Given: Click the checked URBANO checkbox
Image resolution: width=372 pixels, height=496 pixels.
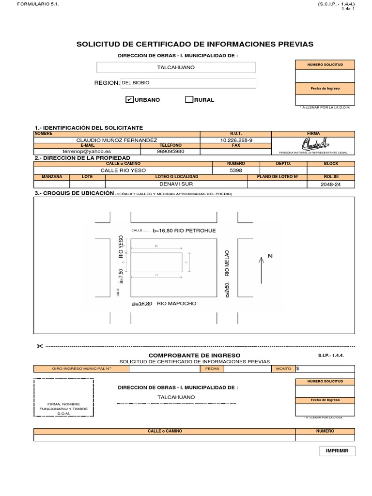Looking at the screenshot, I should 129,100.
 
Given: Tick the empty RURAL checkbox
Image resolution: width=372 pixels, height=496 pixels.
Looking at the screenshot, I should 189,100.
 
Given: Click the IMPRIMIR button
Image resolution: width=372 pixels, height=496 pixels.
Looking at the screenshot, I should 337,451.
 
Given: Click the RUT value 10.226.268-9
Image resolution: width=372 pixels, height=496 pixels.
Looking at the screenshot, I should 236,140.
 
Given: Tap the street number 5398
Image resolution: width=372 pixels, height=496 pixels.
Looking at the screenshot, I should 236,170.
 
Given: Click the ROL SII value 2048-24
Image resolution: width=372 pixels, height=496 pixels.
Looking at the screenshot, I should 331,185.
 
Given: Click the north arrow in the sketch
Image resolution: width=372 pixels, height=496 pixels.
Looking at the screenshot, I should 261,270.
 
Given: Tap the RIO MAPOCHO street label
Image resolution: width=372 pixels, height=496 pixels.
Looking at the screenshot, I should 176,304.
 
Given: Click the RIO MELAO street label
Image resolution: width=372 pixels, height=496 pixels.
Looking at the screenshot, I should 227,263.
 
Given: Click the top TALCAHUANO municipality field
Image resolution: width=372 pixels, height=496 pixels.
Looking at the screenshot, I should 176,67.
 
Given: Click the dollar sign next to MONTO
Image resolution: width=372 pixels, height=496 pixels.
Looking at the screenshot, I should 297,369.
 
